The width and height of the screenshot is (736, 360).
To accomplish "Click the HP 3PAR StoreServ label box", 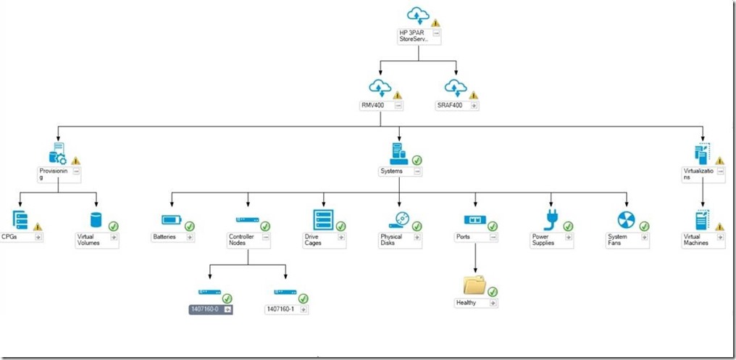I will (414, 36).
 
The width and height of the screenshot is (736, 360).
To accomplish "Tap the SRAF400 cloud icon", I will (454, 88).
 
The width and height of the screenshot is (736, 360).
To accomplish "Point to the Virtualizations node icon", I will (702, 153).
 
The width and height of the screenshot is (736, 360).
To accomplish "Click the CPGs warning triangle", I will (38, 227).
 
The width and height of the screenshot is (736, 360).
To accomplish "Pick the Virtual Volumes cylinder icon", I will (96, 220).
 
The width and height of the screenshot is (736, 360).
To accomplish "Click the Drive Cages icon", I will (322, 219).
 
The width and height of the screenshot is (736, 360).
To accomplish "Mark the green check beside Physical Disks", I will (417, 227).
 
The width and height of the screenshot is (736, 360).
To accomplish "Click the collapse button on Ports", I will (493, 237).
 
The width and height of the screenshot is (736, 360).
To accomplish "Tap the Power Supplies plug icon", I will (551, 219).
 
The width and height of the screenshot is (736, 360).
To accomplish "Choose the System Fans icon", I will (625, 219).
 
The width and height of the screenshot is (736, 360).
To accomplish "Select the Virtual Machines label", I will (695, 240).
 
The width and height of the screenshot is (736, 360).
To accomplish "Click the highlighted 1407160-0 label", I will (205, 309).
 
